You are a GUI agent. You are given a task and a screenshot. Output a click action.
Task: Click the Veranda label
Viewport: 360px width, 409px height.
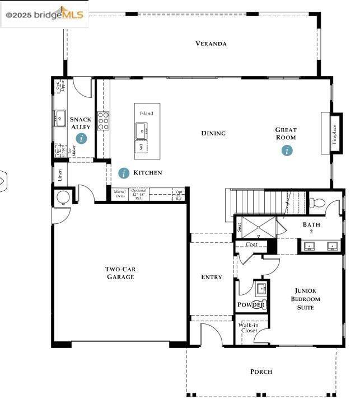coord(211,44)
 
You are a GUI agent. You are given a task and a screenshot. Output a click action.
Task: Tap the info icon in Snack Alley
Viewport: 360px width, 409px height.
coord(82,138)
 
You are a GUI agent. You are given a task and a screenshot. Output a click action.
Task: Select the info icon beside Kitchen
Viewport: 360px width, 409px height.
coord(124,173)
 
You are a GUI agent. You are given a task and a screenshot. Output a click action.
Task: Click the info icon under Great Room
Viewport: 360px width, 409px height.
coord(287,150)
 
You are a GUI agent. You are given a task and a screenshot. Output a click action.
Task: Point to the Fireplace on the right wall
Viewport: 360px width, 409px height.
coord(326,133)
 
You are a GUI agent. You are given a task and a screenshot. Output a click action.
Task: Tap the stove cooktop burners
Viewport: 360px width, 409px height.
coord(104,121)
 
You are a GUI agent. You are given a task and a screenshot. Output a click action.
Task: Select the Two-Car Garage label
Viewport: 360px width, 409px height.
coord(120,273)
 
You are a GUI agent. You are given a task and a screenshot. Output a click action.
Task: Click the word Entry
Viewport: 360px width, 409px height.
coord(212,277)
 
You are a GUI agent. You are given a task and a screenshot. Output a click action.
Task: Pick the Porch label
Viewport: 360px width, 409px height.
coord(261,372)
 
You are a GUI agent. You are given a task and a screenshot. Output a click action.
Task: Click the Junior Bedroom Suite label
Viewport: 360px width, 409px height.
coord(306,299)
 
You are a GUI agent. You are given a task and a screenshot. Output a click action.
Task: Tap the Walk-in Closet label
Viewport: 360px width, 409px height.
coord(249,327)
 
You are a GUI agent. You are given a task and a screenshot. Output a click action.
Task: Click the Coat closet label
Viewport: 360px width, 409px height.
coord(251,245)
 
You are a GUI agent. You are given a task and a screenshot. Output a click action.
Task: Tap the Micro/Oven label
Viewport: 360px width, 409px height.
coord(120,194)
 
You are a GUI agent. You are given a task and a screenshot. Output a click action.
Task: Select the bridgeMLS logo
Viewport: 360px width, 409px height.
coord(44,14)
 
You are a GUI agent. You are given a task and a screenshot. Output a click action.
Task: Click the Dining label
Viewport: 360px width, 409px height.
coord(213,133)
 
